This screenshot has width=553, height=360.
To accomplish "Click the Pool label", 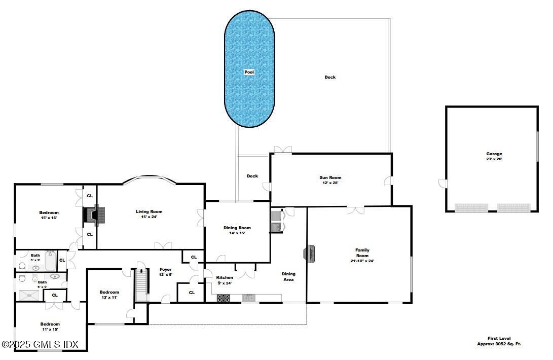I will pos(249,73).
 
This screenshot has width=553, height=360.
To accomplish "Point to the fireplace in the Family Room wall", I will pos(309,254).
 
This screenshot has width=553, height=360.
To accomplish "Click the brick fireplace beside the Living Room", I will pos(94,215).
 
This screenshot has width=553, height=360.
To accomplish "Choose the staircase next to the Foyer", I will pos(141,284).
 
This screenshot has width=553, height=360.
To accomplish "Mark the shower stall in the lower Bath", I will pos(32,295).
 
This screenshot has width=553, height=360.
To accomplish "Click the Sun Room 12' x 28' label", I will pos(330,180).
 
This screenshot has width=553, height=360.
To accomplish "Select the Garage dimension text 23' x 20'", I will pos(494,159).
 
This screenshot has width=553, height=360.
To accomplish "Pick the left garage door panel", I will pos(471,208).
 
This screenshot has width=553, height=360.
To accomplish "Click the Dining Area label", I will pos(288,276).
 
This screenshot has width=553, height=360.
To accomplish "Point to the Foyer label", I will pos(166,272).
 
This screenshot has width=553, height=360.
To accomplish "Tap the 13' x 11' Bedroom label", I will pos(109,295).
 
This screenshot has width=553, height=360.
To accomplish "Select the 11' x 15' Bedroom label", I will pos(50,327).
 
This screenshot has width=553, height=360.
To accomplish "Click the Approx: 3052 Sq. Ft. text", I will pos(499,344).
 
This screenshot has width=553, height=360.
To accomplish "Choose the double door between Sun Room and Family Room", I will pos(355,209).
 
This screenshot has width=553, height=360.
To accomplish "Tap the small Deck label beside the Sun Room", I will pos(252,176).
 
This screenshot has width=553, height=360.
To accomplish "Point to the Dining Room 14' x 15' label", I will pos(237,231).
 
